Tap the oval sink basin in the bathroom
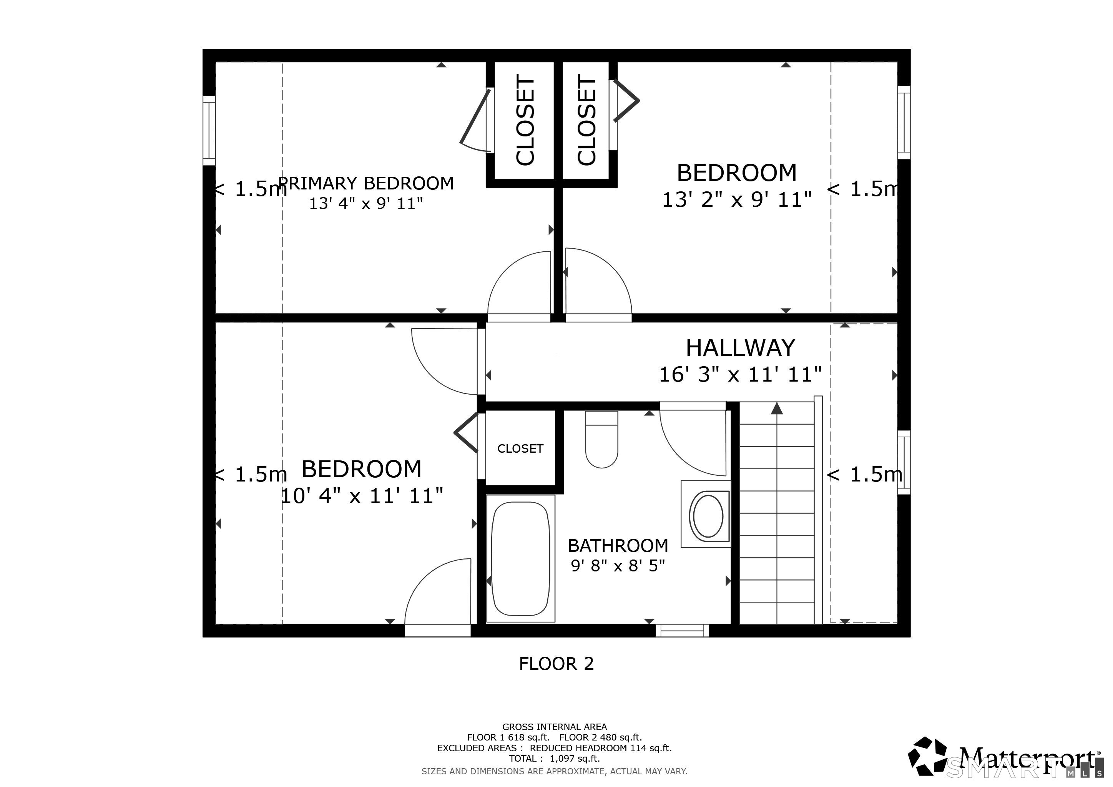[x=708, y=515]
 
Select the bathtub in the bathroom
[x=521, y=558]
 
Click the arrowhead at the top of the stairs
[x=777, y=408]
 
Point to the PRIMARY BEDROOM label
[x=367, y=183]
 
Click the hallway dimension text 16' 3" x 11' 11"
[x=740, y=374]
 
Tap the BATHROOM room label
[x=618, y=546]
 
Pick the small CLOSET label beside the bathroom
[x=520, y=448]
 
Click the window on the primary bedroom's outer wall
[x=209, y=130]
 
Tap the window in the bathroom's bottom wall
[x=682, y=631]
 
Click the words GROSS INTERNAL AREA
[x=555, y=727]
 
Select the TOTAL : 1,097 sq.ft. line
[x=555, y=759]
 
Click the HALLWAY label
[x=740, y=347]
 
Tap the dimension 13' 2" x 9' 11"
[x=737, y=199]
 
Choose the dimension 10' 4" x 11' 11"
[x=362, y=496]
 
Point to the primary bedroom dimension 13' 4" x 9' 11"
[x=366, y=204]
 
